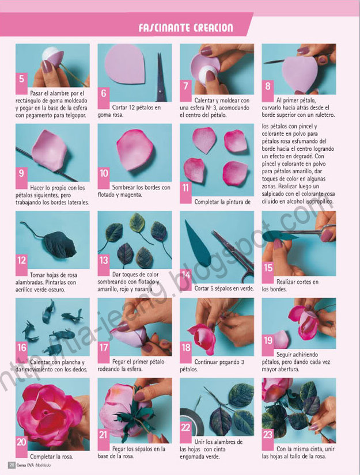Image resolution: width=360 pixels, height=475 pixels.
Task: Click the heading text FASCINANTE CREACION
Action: (185, 28)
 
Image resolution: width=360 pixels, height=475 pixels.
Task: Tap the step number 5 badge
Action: (22, 79)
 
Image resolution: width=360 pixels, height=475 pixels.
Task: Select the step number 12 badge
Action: (22, 260)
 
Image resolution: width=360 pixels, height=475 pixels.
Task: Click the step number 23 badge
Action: (268, 435)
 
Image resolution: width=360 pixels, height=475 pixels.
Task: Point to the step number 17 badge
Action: (104, 348)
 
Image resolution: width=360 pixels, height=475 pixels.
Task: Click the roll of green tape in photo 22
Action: (190, 418)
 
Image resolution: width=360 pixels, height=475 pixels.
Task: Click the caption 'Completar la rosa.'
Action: (51, 457)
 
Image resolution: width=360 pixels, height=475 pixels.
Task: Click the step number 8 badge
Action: (268, 86)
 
